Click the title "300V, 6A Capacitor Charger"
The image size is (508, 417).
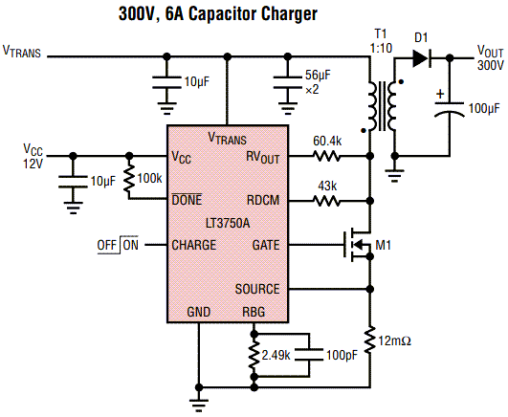[x=254, y=14]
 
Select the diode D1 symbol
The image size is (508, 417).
[x=421, y=56]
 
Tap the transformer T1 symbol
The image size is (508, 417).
[x=380, y=106]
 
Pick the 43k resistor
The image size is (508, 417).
[x=327, y=201]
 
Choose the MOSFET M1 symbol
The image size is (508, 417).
[x=356, y=246]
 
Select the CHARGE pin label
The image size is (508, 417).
[x=193, y=245]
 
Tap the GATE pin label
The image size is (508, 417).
[x=265, y=245]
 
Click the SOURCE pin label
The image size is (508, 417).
[x=257, y=289]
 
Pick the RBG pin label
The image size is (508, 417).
[x=254, y=312]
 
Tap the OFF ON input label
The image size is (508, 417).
[x=118, y=245]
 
